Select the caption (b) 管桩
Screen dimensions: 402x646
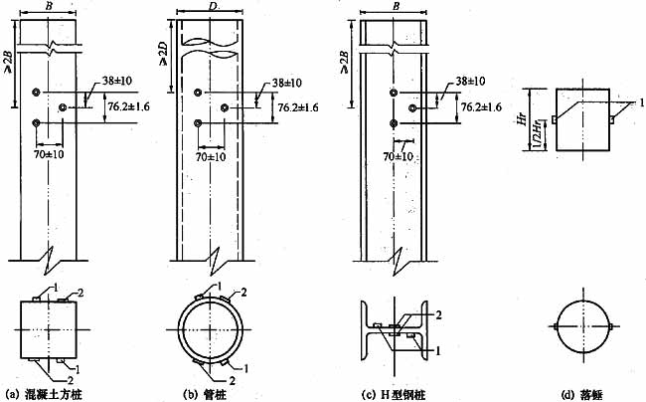pos(214,392)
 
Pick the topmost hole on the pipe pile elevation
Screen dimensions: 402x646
pos(199,93)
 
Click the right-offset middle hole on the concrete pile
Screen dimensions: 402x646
pos(66,105)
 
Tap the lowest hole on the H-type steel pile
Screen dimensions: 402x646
pos(393,123)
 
